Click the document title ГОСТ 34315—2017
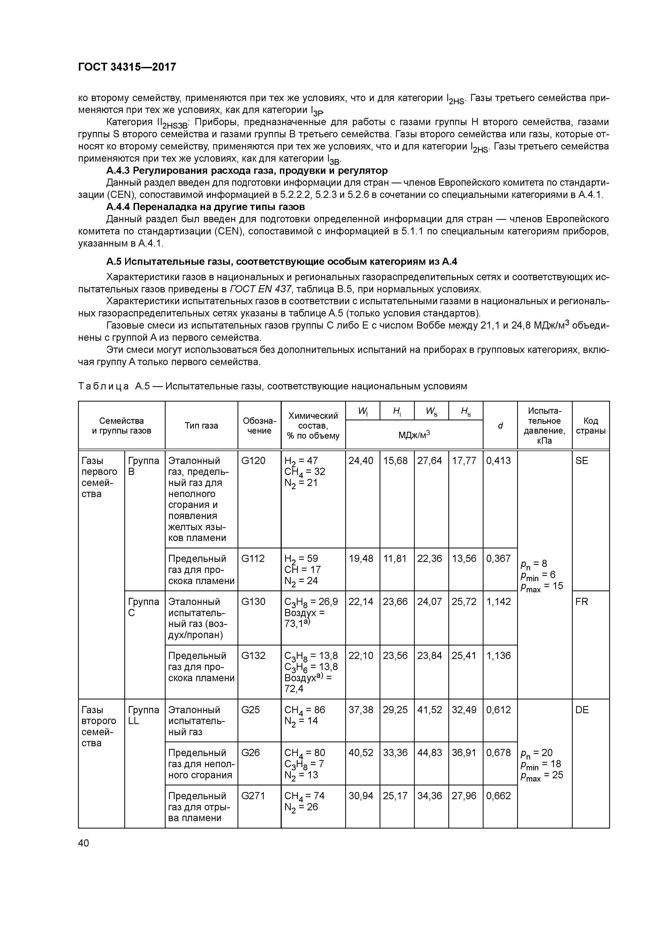[x=127, y=67]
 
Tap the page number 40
[x=84, y=843]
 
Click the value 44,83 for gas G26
[x=430, y=753]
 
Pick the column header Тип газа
[x=201, y=425]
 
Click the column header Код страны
[x=590, y=425]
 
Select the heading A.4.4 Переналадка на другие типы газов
[x=205, y=207]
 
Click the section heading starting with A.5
[x=281, y=262]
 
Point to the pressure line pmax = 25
[x=542, y=775]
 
